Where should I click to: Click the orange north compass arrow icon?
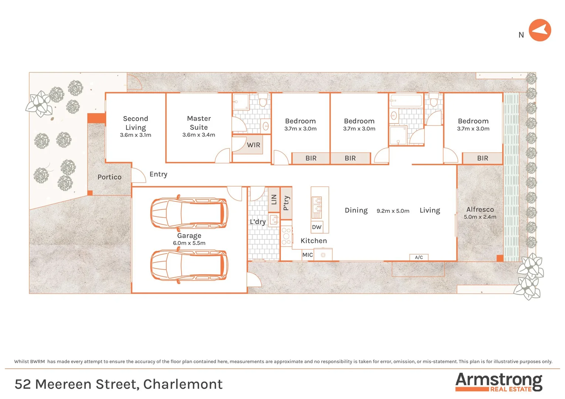click(x=540, y=30)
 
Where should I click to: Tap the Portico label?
click(x=109, y=177)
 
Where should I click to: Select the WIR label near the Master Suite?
click(x=253, y=145)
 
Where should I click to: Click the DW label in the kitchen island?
click(x=317, y=227)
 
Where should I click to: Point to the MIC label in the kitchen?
click(x=307, y=255)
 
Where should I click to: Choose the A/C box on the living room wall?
click(x=419, y=258)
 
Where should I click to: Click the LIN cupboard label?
click(x=274, y=199)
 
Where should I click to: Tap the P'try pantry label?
click(x=286, y=203)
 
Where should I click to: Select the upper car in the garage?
click(x=189, y=214)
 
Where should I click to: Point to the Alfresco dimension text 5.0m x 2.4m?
click(x=480, y=217)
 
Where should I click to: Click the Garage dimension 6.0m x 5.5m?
click(x=189, y=243)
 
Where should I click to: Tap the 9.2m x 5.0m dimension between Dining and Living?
click(x=393, y=211)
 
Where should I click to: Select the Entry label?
click(x=158, y=174)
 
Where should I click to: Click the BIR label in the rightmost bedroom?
click(x=482, y=158)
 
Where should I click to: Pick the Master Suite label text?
click(x=199, y=123)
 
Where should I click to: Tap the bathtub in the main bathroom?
click(x=406, y=100)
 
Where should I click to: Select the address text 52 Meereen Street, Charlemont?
click(x=119, y=384)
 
